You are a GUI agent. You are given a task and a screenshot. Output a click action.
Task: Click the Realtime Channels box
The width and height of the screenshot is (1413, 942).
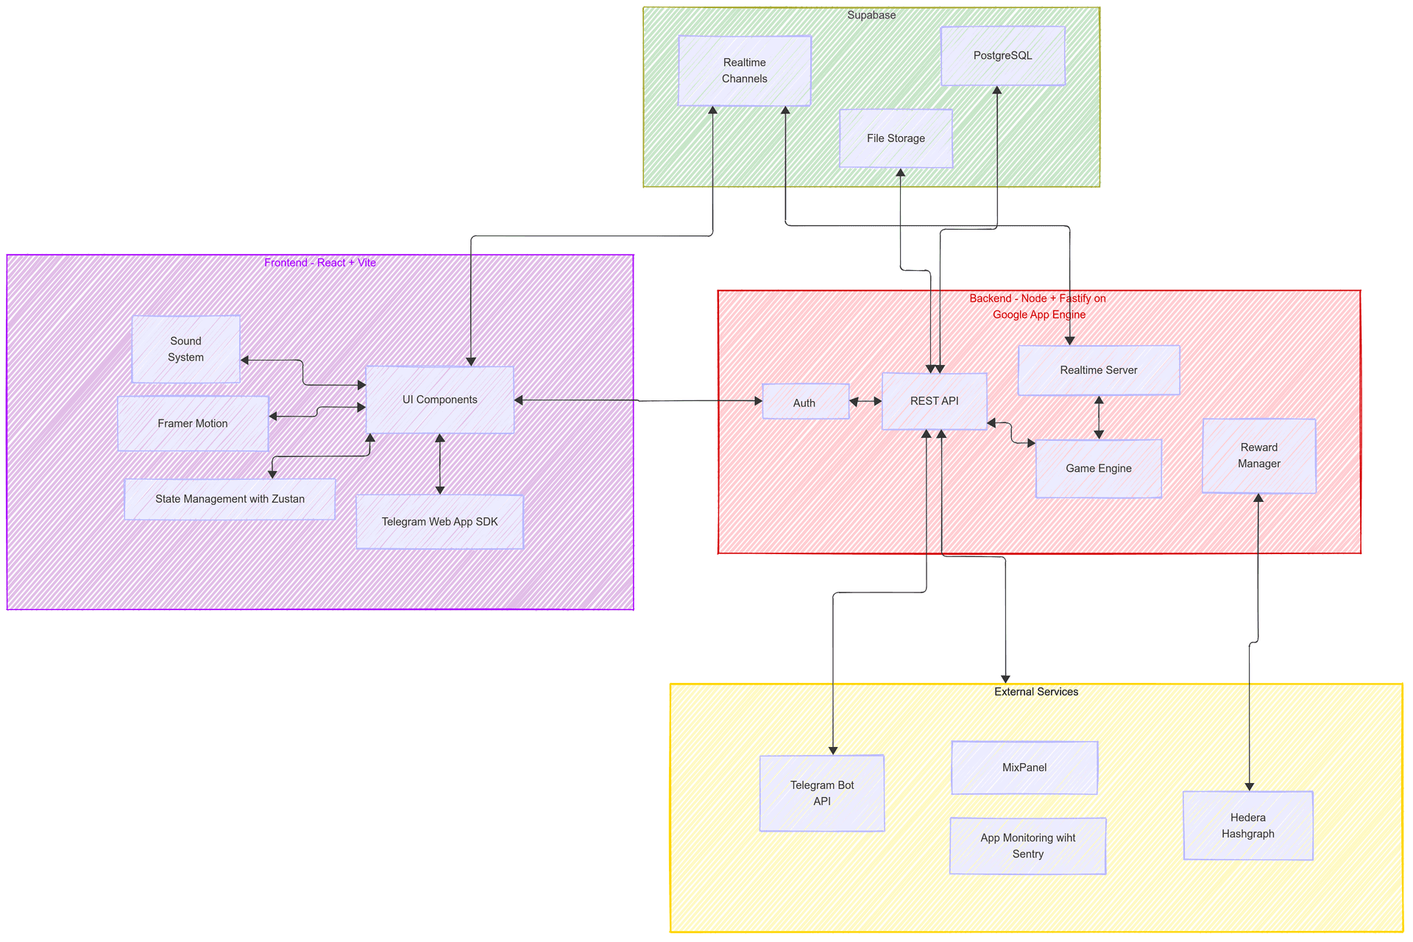point(744,71)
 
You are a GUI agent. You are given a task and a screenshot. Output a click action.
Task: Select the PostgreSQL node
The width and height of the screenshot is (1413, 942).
point(1002,56)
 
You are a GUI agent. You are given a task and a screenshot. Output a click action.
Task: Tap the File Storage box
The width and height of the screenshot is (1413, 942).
point(896,138)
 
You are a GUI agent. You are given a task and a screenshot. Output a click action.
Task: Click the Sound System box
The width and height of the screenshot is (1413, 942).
point(185,350)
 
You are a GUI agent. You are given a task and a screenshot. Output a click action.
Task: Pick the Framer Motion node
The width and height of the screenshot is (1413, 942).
point(193,424)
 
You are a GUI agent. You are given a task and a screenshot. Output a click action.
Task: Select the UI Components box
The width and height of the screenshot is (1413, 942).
point(439,400)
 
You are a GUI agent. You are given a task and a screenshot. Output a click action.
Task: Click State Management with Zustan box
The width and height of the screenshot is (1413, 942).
point(230,499)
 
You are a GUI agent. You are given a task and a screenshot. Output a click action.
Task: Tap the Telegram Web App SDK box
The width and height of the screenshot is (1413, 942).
point(439,522)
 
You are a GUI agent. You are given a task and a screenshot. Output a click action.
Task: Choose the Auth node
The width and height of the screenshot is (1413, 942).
point(805,403)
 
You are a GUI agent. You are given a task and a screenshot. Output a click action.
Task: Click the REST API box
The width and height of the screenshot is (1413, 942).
point(934,401)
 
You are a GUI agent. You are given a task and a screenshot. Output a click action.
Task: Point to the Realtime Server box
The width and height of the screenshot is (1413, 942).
point(1098,370)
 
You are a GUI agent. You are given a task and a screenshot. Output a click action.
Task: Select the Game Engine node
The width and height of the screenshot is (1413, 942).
point(1098,469)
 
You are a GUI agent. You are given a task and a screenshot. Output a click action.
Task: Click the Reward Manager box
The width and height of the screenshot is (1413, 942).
point(1258,456)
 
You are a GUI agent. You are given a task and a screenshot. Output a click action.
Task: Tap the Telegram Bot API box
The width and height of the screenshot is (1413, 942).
point(821,793)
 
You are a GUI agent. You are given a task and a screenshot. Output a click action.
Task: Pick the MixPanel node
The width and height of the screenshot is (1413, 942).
point(1024,768)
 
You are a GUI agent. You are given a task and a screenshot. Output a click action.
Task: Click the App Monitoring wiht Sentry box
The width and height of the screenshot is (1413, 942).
point(1027,846)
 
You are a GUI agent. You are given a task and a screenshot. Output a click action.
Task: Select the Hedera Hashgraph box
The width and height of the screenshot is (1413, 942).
point(1247,826)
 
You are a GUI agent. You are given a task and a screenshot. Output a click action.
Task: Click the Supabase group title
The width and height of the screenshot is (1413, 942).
point(871,15)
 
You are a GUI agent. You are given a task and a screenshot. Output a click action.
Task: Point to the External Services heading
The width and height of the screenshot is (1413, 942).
point(1035,692)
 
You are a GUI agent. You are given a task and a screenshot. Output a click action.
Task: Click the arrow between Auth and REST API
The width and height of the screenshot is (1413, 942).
point(865,402)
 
